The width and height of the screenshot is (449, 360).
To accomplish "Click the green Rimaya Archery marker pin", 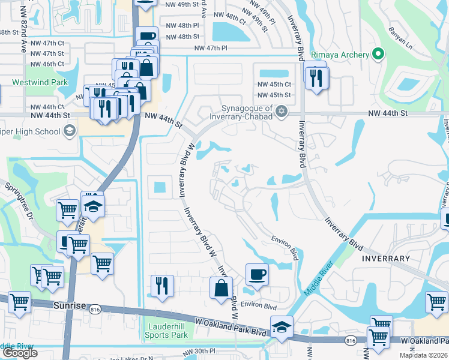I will click(x=378, y=55).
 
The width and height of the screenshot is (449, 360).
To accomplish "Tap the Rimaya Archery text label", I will click(x=340, y=55).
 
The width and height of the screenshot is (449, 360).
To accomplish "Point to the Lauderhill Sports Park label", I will click(x=168, y=331).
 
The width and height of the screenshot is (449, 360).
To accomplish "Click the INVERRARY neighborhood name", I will click(x=386, y=259).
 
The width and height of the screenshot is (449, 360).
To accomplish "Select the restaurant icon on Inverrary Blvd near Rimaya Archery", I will click(x=315, y=77).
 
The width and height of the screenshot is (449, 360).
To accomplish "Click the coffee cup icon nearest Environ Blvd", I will click(x=257, y=275).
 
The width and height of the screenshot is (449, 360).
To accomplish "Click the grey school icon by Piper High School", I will click(x=70, y=130).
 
